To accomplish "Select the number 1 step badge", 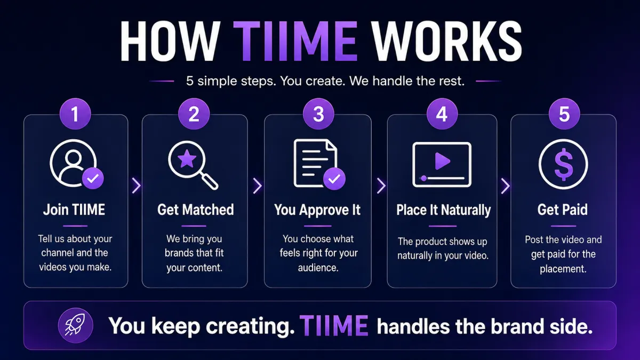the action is [x=75, y=114].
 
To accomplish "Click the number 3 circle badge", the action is [x=318, y=114].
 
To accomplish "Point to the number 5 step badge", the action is [x=564, y=114].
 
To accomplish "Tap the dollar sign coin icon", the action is [x=563, y=164].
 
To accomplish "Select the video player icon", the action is [x=442, y=165].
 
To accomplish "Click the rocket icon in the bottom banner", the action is [x=75, y=325].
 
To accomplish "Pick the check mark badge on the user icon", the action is [x=93, y=178].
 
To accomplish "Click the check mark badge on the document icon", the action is [x=334, y=179].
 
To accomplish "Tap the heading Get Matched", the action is [x=195, y=210].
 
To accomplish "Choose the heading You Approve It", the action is [x=317, y=210].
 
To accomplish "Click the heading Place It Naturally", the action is [x=443, y=210].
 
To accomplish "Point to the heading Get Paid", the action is [x=562, y=210].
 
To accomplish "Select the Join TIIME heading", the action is [x=74, y=210].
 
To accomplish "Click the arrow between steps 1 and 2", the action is [x=137, y=186].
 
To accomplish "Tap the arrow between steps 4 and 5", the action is [x=505, y=186].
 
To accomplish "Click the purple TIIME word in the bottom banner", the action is [x=334, y=325].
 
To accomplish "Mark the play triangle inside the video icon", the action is [x=442, y=161].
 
